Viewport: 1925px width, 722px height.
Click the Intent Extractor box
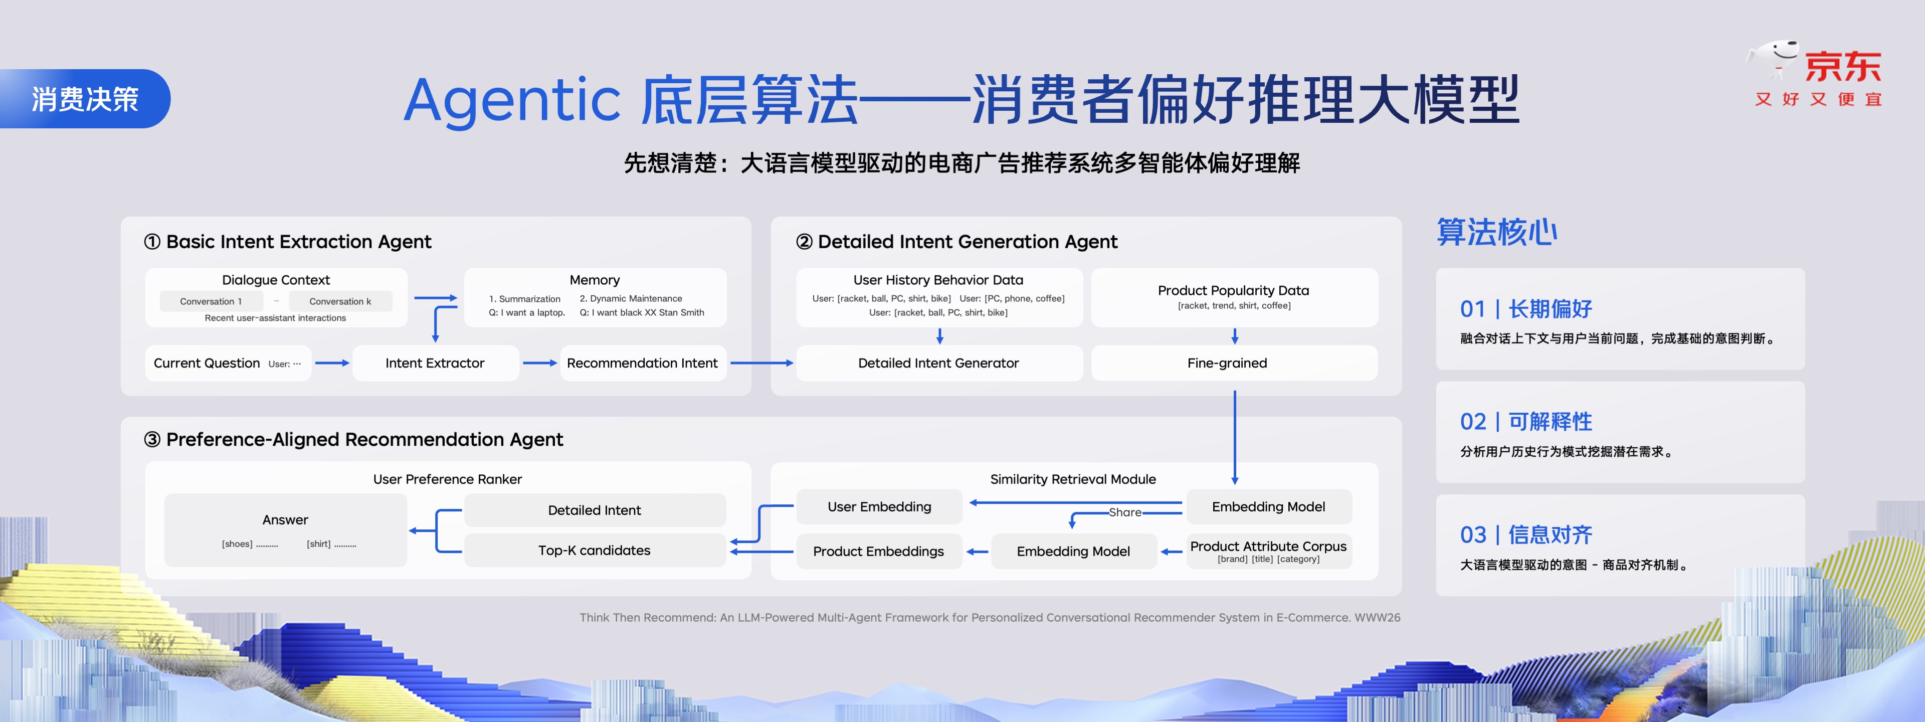coord(435,363)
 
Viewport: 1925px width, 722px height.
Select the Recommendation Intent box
coord(643,363)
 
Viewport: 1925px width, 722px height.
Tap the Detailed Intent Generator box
coord(938,363)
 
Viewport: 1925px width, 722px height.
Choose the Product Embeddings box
coord(879,551)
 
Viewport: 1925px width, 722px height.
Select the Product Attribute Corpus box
coord(1268,551)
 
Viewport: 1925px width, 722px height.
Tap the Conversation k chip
coord(340,301)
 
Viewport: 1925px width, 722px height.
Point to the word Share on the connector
coord(1124,512)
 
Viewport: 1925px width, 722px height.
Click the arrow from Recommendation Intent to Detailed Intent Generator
coord(761,363)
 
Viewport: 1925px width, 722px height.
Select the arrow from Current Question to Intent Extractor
coord(332,363)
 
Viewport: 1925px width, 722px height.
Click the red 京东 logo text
coord(1843,67)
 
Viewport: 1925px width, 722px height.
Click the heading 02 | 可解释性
coord(1526,422)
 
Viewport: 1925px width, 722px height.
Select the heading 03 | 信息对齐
coord(1526,534)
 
